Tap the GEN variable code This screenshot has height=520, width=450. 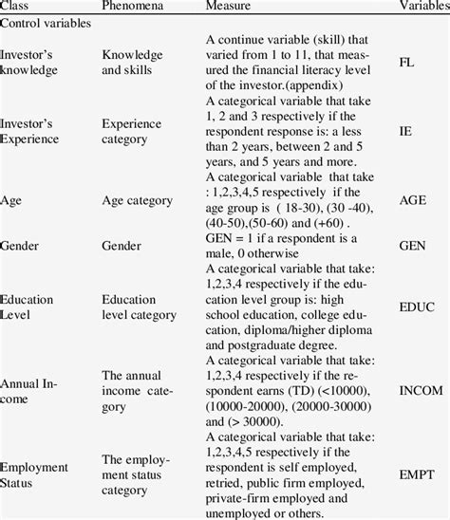point(411,245)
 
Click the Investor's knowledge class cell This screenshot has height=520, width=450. point(29,62)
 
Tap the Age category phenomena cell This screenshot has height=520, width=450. point(137,201)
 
